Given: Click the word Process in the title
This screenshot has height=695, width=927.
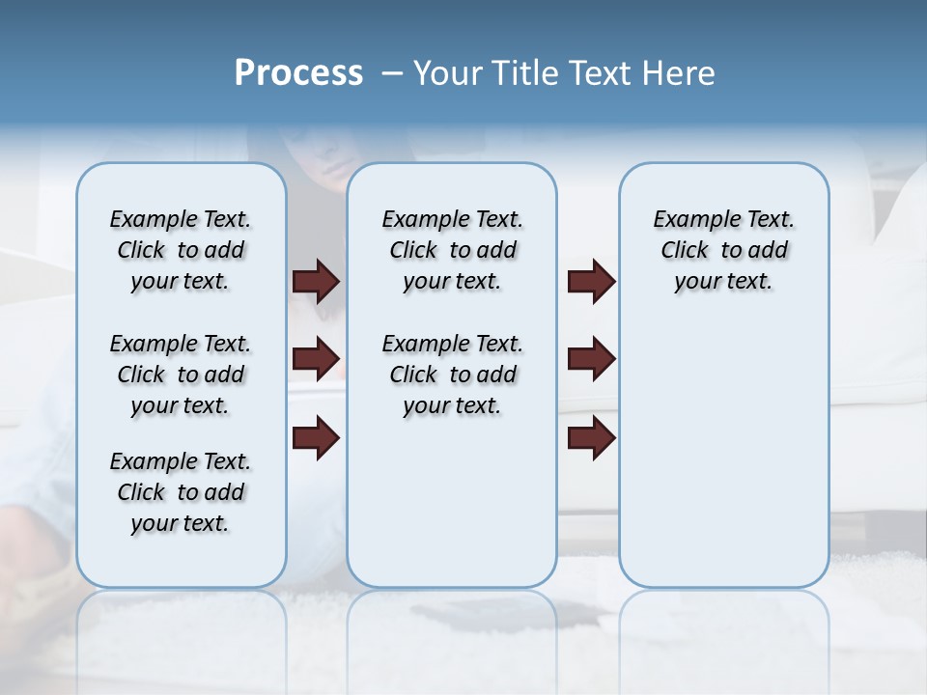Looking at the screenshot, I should (298, 73).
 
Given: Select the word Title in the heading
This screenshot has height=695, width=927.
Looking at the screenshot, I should (520, 73).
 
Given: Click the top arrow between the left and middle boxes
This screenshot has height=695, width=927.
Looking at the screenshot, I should (316, 282).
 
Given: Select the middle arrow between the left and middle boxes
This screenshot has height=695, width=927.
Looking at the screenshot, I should (316, 360).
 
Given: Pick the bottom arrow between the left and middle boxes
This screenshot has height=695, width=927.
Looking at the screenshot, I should (316, 438).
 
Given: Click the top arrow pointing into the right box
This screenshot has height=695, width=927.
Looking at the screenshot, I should (591, 282).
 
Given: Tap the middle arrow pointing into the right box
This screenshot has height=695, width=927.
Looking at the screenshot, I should (591, 360).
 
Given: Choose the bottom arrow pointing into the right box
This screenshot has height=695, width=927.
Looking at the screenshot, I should (591, 438).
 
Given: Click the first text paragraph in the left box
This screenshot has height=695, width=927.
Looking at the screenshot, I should (180, 250).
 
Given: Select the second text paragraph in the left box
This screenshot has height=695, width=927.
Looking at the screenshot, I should (180, 375).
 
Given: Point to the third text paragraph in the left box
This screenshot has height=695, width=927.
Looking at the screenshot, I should (180, 492).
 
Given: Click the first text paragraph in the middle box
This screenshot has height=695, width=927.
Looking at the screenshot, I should (452, 250).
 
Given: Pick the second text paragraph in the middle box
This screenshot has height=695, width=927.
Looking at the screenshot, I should (452, 375).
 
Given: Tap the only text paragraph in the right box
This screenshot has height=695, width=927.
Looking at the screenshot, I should (723, 250).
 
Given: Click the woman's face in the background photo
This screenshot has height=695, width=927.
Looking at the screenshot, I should (323, 154).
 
